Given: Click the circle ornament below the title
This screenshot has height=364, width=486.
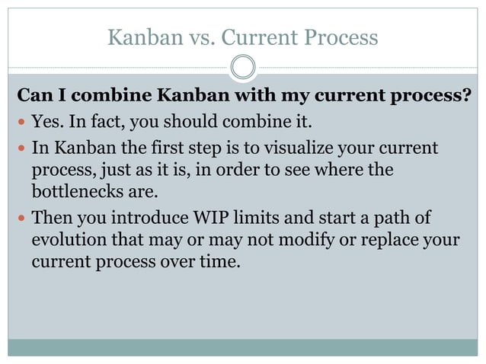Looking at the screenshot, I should pos(242,67).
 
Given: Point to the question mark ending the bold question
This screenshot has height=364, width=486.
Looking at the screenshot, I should pos(466,97).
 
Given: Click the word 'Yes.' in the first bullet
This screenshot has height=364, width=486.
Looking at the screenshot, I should pos(47,122).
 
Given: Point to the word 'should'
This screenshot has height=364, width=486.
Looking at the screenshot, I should pos(196,122).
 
